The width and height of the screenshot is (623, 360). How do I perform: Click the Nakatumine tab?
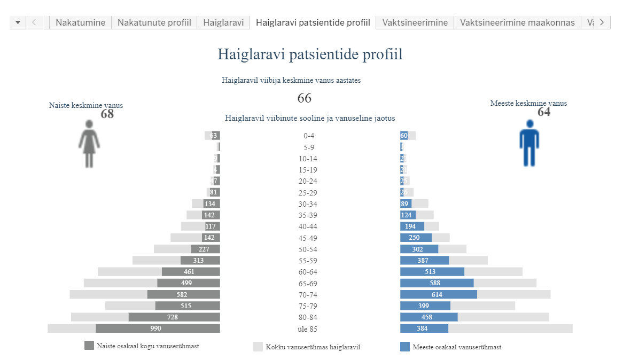(80, 22)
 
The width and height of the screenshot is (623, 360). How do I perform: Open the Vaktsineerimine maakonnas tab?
(517, 22)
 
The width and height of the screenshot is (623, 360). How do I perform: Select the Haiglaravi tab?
(223, 22)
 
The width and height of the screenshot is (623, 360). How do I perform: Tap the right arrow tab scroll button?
(602, 22)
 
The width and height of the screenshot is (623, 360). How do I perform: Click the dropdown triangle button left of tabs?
(18, 22)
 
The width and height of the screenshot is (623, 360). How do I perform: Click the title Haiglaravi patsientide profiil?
(310, 54)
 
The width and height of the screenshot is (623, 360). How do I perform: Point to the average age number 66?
(304, 98)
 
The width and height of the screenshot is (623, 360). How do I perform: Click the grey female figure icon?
(89, 144)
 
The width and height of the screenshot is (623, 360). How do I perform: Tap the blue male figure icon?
(529, 143)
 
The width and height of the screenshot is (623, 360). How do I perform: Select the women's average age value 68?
(107, 114)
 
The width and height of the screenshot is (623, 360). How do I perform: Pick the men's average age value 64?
(544, 112)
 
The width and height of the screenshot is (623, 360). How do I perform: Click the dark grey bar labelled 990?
(158, 328)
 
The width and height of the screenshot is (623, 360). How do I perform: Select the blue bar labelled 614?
(438, 294)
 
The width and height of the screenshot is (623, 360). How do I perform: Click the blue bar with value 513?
(432, 272)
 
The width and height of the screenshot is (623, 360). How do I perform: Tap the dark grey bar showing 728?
(174, 317)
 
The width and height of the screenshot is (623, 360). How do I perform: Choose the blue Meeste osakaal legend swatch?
(405, 347)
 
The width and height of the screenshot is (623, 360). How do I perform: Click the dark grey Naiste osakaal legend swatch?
(89, 346)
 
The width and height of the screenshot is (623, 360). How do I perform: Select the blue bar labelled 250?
(416, 238)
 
